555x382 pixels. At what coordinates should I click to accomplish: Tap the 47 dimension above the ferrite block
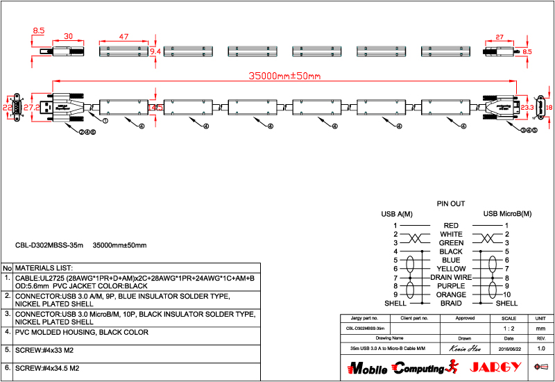tap(124, 36)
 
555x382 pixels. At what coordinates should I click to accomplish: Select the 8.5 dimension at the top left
tap(38, 31)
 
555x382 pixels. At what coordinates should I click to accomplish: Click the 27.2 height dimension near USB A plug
tap(31, 108)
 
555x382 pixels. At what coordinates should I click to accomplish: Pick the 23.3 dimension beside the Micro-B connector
tap(527, 108)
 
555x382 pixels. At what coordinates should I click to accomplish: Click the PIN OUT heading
tap(451, 204)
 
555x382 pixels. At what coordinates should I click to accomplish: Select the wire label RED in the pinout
tap(451, 226)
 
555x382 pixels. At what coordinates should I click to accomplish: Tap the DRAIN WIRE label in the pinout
tap(451, 277)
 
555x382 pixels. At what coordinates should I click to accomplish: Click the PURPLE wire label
tap(451, 286)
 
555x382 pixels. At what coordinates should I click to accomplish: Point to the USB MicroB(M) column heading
tap(507, 213)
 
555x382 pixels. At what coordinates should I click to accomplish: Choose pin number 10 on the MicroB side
tap(507, 294)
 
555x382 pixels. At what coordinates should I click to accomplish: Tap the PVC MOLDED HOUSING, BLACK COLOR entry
tap(82, 332)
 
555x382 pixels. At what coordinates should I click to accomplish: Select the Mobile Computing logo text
tap(395, 367)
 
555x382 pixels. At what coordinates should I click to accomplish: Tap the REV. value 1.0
tap(541, 347)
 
